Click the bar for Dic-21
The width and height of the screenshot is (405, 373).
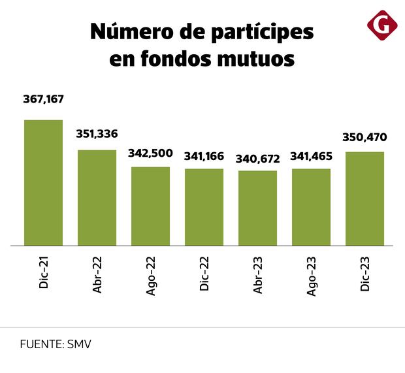(x=43, y=183)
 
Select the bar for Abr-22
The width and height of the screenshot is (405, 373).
(x=97, y=198)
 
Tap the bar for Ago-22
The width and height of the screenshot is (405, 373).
(x=150, y=206)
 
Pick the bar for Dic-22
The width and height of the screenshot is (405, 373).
(x=204, y=207)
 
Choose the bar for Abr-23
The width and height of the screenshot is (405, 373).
(x=257, y=208)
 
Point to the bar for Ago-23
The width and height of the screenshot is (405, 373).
(x=311, y=207)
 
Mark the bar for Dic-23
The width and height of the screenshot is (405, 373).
(x=364, y=199)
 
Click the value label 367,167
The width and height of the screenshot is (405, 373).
(x=43, y=99)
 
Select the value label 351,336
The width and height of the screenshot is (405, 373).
(x=97, y=133)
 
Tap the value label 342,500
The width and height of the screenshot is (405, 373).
(x=150, y=154)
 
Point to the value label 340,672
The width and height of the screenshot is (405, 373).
(x=257, y=157)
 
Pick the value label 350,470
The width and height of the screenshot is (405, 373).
(x=364, y=137)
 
